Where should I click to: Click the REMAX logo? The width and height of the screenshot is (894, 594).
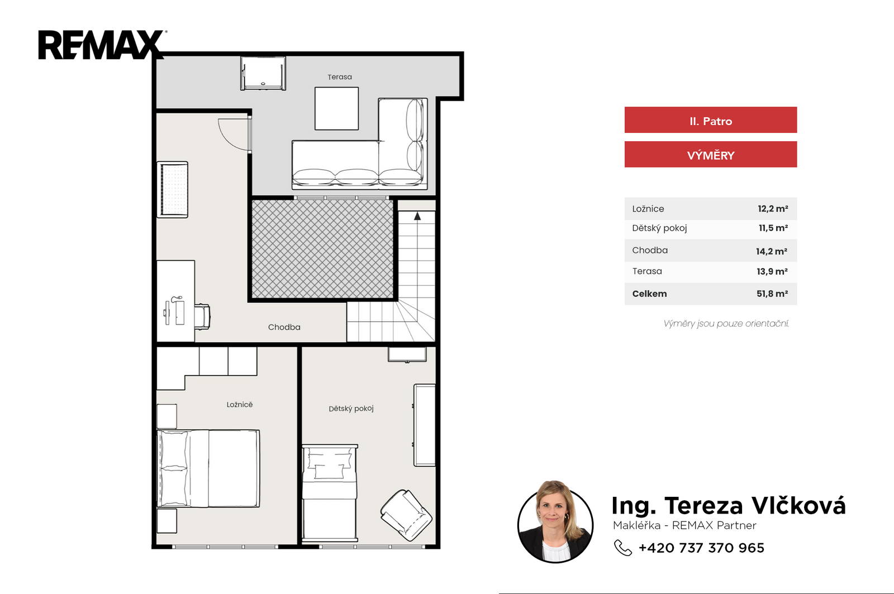[x=102, y=45]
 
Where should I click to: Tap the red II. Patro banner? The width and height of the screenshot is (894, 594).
[x=710, y=119]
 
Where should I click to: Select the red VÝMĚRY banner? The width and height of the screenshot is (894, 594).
[x=710, y=154]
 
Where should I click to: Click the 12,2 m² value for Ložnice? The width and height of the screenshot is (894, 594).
[x=773, y=208]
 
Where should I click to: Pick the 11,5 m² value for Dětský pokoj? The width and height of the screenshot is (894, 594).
[x=773, y=228]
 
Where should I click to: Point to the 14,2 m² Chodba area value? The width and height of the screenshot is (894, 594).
[x=772, y=251]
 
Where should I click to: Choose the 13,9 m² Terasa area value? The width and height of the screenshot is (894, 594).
[x=772, y=271]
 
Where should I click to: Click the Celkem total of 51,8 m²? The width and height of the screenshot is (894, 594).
[x=772, y=294]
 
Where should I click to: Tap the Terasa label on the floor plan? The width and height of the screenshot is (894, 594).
[x=340, y=77]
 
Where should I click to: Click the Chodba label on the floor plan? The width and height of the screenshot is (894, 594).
[x=284, y=327]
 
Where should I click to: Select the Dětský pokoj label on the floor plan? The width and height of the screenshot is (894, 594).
[x=351, y=409]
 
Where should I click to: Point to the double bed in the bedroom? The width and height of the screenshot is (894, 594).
[x=208, y=468]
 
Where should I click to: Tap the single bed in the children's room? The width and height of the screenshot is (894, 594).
[x=330, y=493]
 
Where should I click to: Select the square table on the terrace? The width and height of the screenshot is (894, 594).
[x=336, y=108]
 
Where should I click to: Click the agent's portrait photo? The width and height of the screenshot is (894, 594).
[x=555, y=522]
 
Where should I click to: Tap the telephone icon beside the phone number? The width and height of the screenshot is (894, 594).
[x=622, y=548]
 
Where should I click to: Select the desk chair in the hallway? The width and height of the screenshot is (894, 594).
[x=202, y=317]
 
